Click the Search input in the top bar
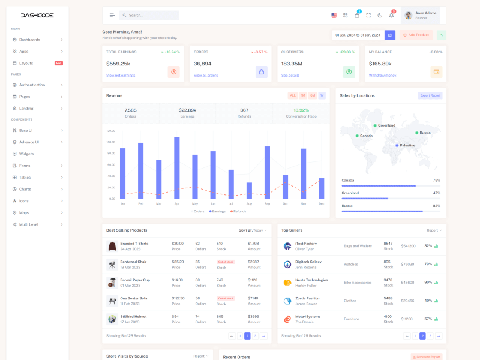150,15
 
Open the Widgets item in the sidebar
26,154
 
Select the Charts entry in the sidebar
25,189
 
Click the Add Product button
416,35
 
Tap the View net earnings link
121,75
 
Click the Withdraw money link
382,75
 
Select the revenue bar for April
177,168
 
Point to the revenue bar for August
249,190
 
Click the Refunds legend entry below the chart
238,211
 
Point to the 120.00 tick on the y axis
110,130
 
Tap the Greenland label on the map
386,125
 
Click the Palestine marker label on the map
407,145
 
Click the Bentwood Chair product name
133,262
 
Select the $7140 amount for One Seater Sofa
253,298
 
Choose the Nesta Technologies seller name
311,280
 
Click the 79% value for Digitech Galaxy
428,264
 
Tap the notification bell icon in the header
391,15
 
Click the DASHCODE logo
37,15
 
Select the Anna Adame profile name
426,13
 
